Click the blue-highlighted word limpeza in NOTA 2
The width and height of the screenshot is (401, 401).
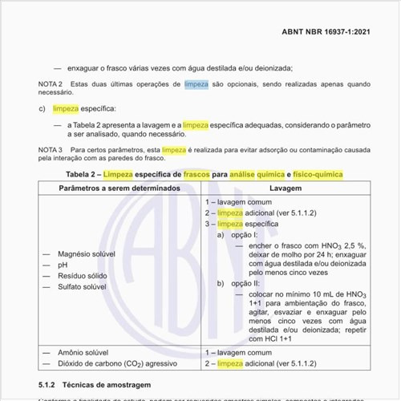point(196,83)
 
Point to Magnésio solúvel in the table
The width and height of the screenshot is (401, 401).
point(87,253)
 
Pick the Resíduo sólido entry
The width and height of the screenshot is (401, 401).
point(83,275)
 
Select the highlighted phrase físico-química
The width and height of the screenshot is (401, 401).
point(318,174)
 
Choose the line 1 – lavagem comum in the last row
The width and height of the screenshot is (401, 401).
point(238,351)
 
